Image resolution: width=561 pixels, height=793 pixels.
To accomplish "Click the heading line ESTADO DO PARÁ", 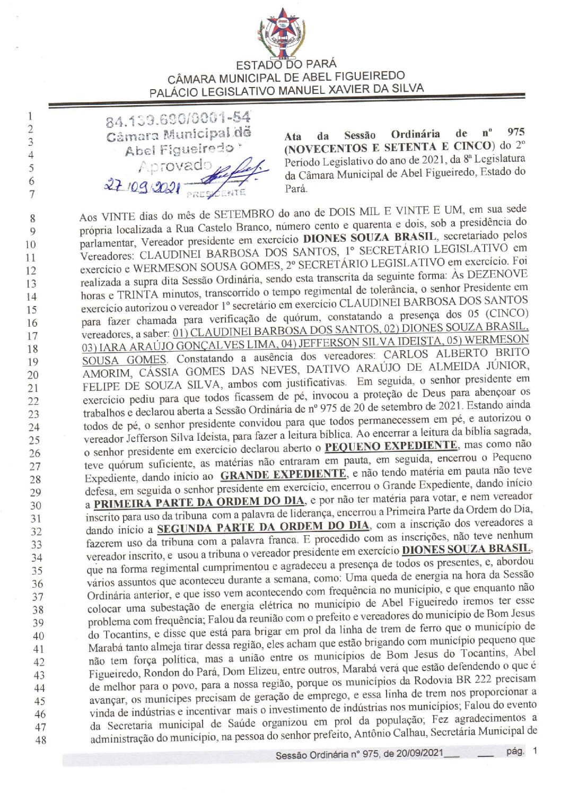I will pos(286,65).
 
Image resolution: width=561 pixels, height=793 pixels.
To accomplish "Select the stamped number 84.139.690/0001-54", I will pos(178,119).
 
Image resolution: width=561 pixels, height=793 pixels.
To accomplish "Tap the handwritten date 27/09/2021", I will pos(142,186).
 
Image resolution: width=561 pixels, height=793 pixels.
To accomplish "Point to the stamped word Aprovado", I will pos(174,166).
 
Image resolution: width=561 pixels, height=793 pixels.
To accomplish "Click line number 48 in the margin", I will pos(40,740).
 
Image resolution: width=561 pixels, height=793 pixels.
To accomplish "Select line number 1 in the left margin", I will pos(31,116).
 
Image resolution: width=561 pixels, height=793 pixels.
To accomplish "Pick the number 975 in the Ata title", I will pos(515,132).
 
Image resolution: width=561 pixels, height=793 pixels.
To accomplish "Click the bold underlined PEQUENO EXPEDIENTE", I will pos(391,446).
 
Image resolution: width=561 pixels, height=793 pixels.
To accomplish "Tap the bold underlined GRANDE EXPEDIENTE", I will pos(283,474).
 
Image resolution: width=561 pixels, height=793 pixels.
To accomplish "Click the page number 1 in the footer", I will pos(535,751).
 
